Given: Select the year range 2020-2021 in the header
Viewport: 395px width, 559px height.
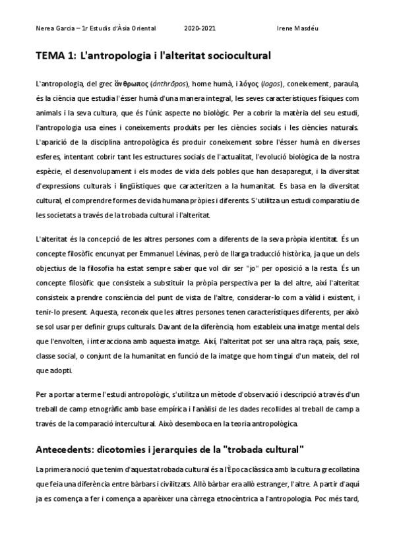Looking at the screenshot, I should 200,30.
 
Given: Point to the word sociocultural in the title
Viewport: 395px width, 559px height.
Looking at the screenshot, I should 230,57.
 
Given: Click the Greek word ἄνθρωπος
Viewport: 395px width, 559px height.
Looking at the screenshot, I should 126,85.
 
